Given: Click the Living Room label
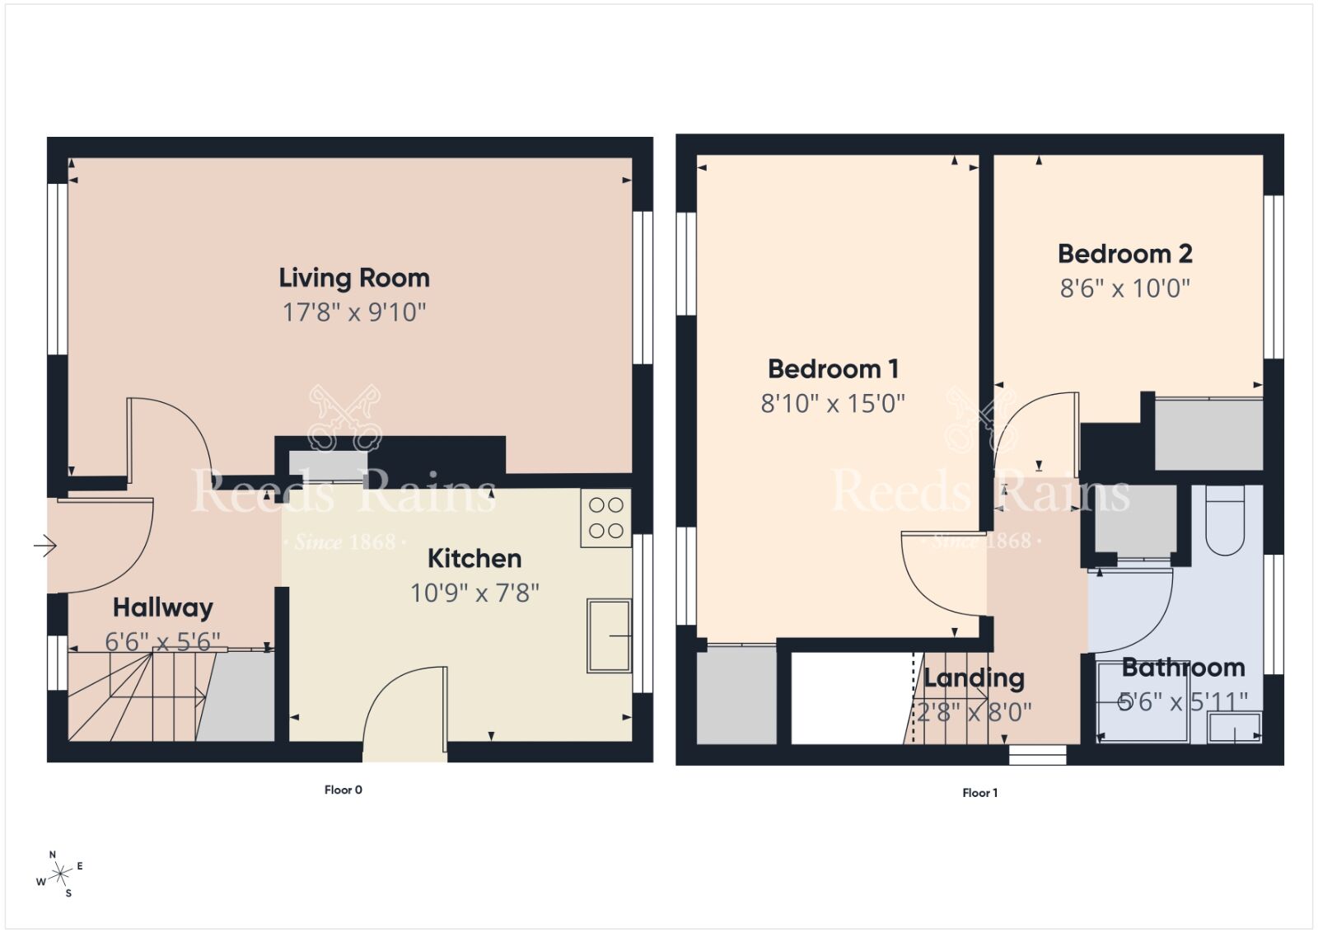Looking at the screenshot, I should [x=354, y=278].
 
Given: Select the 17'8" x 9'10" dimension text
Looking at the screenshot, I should [x=354, y=312].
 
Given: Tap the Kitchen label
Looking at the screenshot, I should [x=474, y=558].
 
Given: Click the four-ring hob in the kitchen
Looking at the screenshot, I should [x=605, y=518].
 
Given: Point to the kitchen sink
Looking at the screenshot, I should [x=609, y=635].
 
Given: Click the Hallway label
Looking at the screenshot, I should [x=162, y=607].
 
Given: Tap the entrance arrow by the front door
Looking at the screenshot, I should [x=44, y=545].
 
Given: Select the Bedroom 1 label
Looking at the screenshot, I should [x=833, y=368].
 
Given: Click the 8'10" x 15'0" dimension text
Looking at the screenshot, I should [x=833, y=403].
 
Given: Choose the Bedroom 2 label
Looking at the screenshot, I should [x=1125, y=253].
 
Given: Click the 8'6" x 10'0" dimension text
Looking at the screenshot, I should [x=1125, y=288].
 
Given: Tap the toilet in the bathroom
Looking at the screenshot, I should [x=1224, y=521].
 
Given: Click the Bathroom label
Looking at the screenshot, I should [x=1183, y=667].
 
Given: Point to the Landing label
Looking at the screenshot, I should [x=974, y=677].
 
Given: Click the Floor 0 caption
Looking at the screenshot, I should [x=343, y=790].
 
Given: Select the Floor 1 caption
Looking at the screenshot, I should [x=979, y=793].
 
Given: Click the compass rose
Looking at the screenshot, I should [x=60, y=876].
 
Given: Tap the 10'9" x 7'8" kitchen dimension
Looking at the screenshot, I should [x=474, y=593].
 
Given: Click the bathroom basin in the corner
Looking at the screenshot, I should [x=1234, y=728].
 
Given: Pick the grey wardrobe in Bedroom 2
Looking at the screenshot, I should [x=1208, y=434].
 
